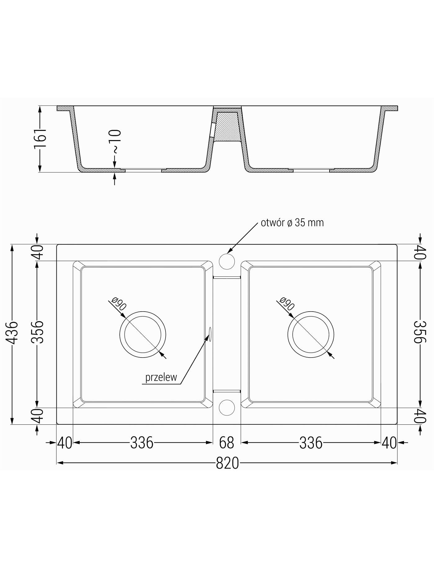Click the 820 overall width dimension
[227, 463]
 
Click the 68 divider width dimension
[227, 443]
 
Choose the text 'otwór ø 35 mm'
[292, 223]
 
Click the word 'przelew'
[161, 377]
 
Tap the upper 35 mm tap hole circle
[227, 261]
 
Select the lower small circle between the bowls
[227, 407]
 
